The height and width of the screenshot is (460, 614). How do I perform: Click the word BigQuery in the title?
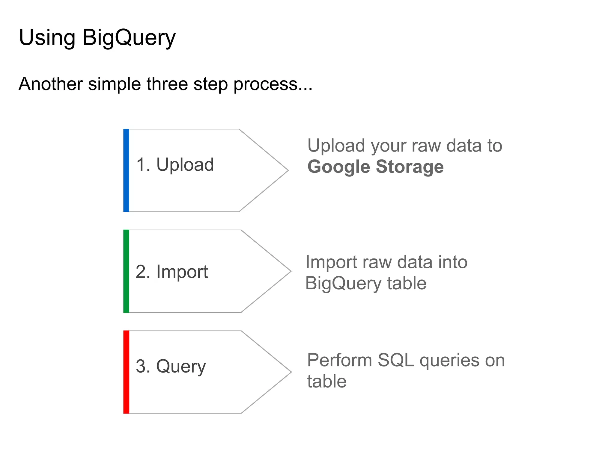(x=129, y=38)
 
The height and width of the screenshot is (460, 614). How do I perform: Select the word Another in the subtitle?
(x=50, y=84)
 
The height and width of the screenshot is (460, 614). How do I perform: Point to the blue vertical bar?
(x=126, y=170)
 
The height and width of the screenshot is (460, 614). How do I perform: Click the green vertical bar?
(x=126, y=271)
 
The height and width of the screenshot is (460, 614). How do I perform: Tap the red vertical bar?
(x=126, y=372)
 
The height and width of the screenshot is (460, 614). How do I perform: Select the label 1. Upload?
(x=175, y=165)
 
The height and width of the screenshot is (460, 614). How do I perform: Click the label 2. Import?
(x=171, y=272)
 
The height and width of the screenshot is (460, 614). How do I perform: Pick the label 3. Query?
(x=171, y=367)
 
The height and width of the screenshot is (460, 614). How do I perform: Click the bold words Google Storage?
(x=375, y=167)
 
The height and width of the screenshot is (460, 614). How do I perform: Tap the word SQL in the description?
(x=395, y=360)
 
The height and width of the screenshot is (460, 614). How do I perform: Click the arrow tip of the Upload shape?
(x=286, y=170)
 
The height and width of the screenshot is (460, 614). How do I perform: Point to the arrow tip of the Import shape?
(x=289, y=271)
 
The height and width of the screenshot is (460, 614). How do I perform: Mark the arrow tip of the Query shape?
(x=289, y=372)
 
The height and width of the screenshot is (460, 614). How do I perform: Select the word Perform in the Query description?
(x=339, y=360)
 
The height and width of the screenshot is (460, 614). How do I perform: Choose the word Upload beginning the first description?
(x=336, y=146)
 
